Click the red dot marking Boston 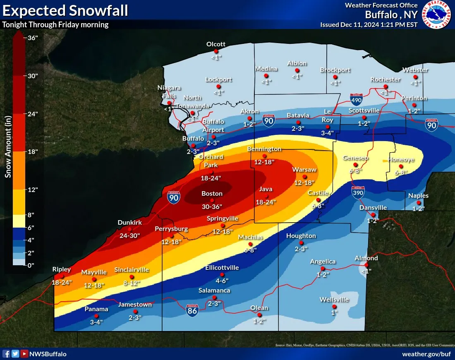(212, 200)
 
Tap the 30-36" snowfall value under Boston (212, 206)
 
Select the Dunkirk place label (129, 223)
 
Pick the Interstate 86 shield (192, 310)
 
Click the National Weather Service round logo (437, 15)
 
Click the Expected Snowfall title (65, 10)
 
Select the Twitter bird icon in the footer (15, 354)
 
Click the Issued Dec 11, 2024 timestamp (369, 24)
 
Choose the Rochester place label (385, 79)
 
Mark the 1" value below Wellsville (335, 313)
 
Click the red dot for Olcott (216, 51)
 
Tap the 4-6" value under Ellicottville (222, 281)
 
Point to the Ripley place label (62, 269)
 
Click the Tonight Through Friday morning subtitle (55, 24)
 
